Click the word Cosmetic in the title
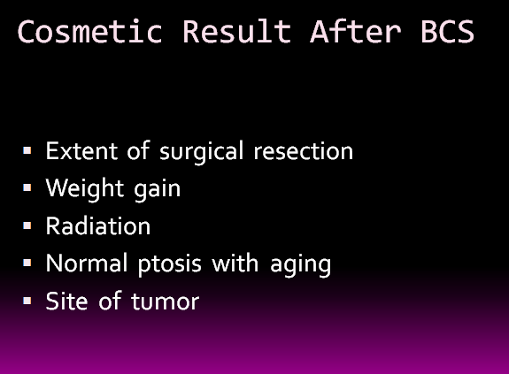pyautogui.click(x=89, y=31)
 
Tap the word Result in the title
pyautogui.click(x=236, y=31)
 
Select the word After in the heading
pyautogui.click(x=356, y=31)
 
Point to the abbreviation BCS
pyautogui.click(x=448, y=31)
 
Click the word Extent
pyautogui.click(x=81, y=150)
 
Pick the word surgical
pyautogui.click(x=201, y=152)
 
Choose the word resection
pyautogui.click(x=304, y=151)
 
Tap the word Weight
pyautogui.click(x=85, y=189)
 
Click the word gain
pyautogui.click(x=157, y=190)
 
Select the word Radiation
pyautogui.click(x=98, y=225)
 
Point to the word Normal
pyautogui.click(x=87, y=263)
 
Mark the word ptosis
pyautogui.click(x=170, y=264)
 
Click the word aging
pyautogui.click(x=301, y=265)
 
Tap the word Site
pyautogui.click(x=67, y=301)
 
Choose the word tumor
pyautogui.click(x=166, y=301)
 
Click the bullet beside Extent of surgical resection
pyautogui.click(x=27, y=150)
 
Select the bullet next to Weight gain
pyautogui.click(x=27, y=188)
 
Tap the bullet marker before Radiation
pyautogui.click(x=27, y=225)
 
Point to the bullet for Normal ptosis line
pyautogui.click(x=27, y=263)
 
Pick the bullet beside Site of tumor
pyautogui.click(x=27, y=301)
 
